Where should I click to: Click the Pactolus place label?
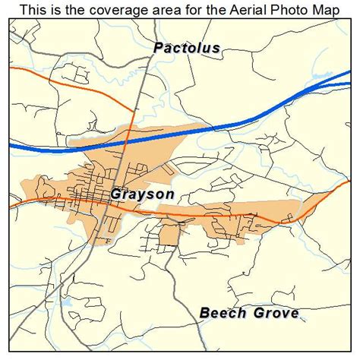tap(187, 48)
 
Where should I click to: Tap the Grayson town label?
tap(143, 194)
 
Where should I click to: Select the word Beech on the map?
tap(221, 312)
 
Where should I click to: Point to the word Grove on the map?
tap(273, 312)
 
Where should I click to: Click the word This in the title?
tap(35, 10)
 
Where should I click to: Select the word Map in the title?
tap(324, 10)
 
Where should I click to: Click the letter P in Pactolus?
tap(158, 48)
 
